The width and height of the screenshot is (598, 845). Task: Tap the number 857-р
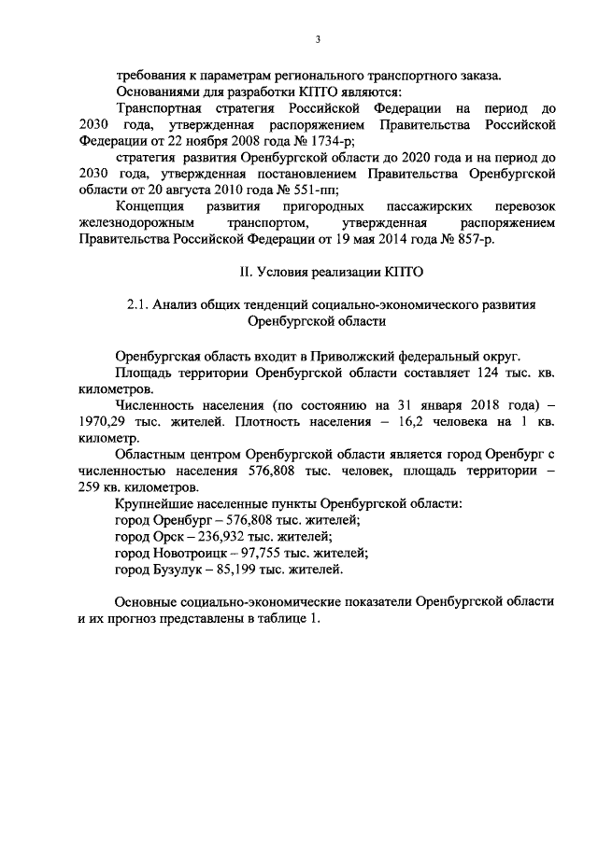pos(473,239)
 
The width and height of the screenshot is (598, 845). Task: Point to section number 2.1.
pos(137,304)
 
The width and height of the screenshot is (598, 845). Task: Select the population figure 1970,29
pos(102,420)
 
